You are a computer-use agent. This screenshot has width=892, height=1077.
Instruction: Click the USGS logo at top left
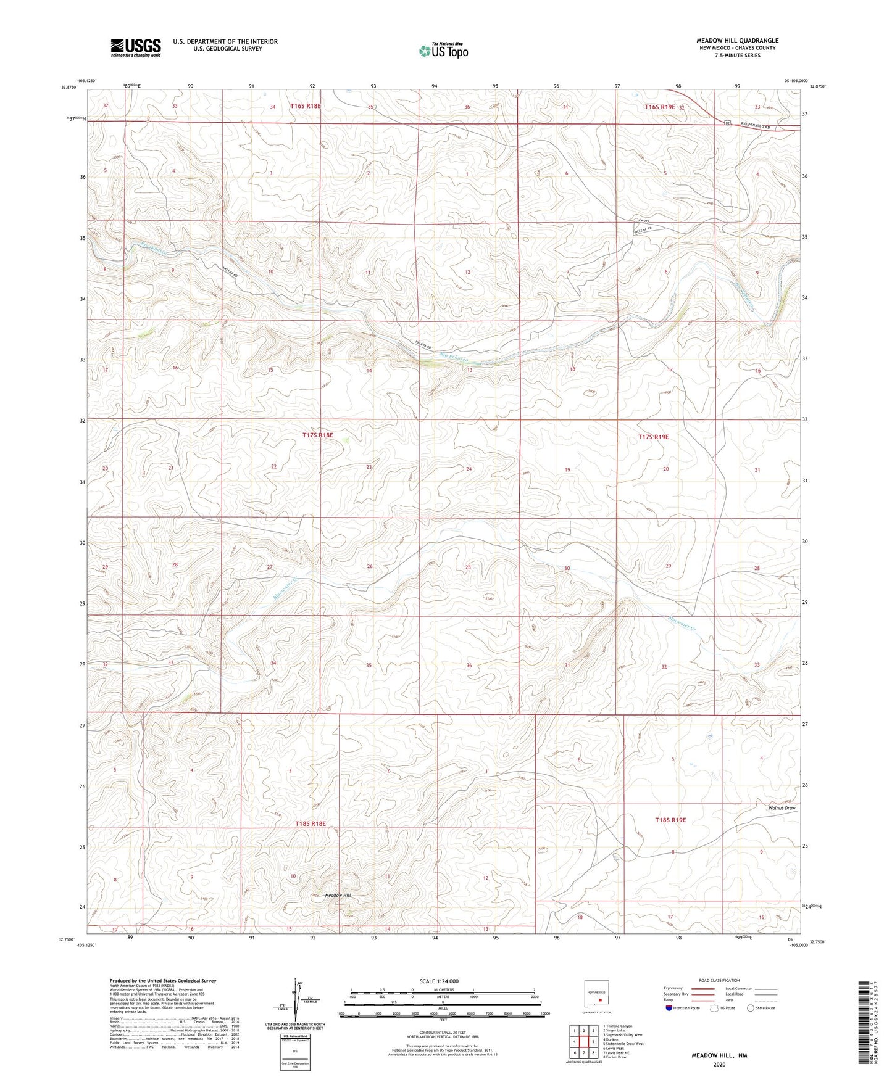[x=136, y=47]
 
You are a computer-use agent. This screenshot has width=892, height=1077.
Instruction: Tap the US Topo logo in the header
[x=443, y=51]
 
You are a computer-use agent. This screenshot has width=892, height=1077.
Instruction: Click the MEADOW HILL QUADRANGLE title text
[x=737, y=41]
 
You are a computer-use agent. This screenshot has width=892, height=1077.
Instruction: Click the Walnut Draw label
[x=782, y=808]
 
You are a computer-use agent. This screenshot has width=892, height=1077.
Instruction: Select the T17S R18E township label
[x=317, y=435]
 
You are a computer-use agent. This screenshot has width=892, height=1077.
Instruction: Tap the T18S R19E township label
[x=670, y=820]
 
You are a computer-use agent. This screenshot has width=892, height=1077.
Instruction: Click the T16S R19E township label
[x=659, y=107]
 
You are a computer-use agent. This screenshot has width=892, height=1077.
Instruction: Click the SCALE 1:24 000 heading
[x=439, y=981]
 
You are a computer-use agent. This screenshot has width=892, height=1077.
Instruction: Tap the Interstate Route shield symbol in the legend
[x=670, y=1008]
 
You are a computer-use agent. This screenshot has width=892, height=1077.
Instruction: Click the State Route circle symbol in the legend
[x=751, y=1008]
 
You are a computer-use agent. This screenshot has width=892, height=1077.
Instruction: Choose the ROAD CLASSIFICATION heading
[x=720, y=980]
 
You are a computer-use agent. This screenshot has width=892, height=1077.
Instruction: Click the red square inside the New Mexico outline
[x=600, y=1001]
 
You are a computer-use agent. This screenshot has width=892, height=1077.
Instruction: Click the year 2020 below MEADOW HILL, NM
[x=719, y=1064]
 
